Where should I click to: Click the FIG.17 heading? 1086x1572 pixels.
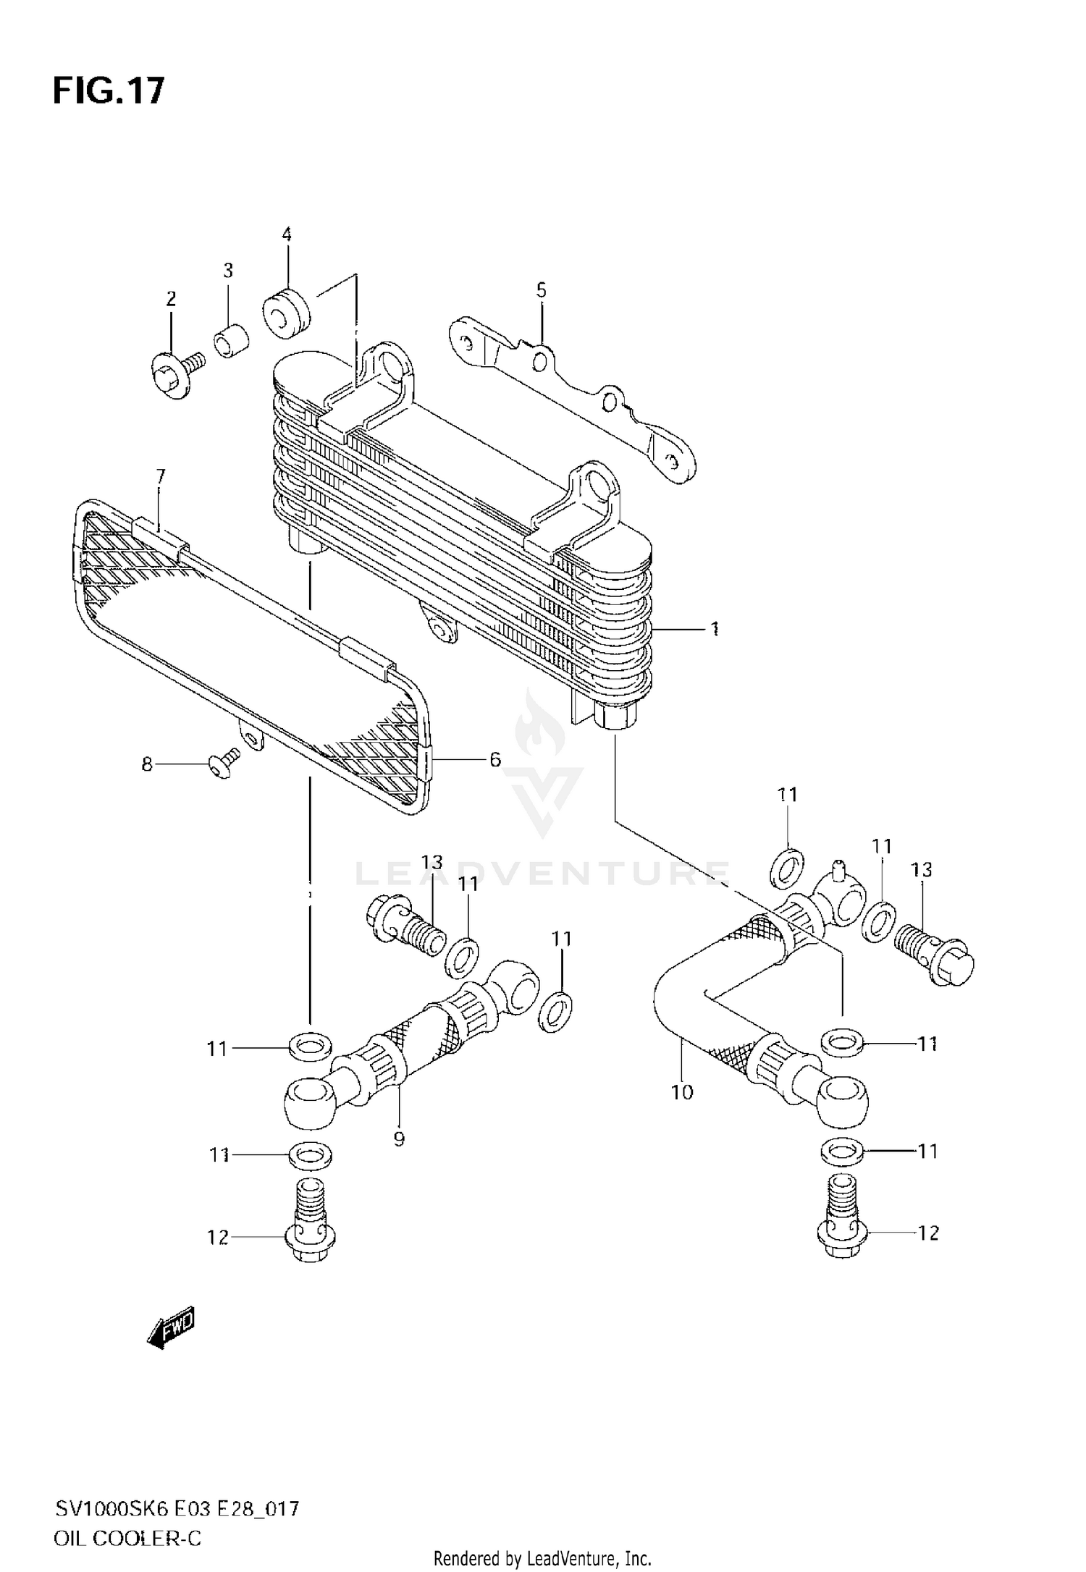(x=109, y=91)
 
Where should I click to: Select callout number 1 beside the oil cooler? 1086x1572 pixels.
(x=714, y=629)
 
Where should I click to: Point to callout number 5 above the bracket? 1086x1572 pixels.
(x=542, y=291)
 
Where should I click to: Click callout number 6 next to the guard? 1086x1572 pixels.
(x=495, y=759)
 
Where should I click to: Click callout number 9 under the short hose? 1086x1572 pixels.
(x=399, y=1139)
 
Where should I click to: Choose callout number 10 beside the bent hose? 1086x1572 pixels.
(x=682, y=1092)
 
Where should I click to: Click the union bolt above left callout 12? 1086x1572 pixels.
(x=311, y=1224)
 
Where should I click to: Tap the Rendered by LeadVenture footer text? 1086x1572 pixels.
(x=542, y=1558)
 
